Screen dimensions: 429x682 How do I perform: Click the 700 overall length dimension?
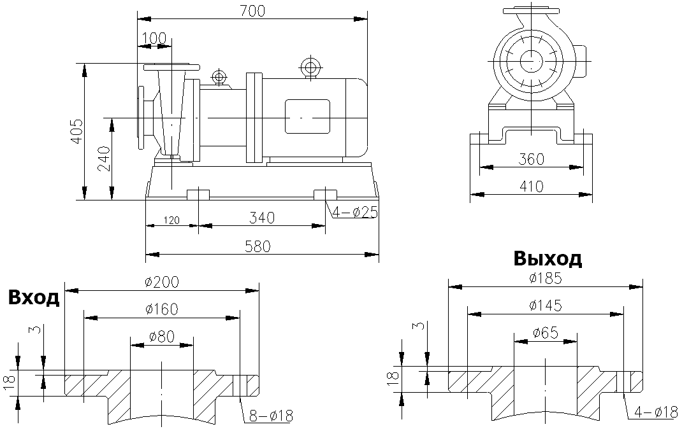point(252,11)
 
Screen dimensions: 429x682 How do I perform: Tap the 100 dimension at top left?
point(154,38)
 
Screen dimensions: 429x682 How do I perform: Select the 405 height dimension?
point(76,131)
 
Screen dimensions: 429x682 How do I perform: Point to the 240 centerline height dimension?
point(104,158)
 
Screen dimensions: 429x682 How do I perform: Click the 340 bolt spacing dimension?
point(262,218)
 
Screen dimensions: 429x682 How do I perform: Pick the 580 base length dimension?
point(262,246)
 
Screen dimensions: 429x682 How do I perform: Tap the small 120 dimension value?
point(171,220)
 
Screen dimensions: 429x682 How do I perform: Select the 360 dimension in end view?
point(531,159)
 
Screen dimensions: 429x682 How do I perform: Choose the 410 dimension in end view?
point(531,186)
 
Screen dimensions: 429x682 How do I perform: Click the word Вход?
point(34,297)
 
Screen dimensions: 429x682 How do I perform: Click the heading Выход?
point(548,259)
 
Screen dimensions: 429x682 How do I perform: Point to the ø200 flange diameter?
point(162,282)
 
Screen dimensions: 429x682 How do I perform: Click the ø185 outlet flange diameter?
point(546,278)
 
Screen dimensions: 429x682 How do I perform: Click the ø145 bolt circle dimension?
point(546,306)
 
